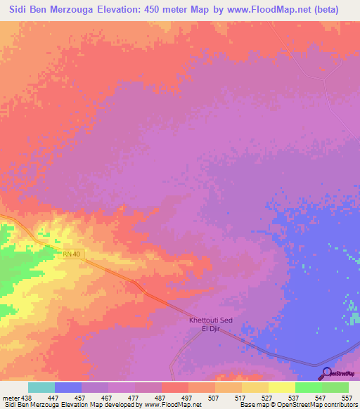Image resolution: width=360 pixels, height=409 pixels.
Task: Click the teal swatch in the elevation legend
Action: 41,387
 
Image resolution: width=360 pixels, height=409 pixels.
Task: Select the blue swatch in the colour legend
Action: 68,387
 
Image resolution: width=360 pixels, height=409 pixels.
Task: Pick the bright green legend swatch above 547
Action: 308,387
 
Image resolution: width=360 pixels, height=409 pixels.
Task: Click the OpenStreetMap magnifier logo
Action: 326,373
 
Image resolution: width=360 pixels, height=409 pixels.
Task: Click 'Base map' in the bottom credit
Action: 253,405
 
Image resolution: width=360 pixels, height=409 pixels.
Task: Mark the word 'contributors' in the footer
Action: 339,405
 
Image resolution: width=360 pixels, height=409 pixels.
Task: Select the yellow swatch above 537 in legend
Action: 281,387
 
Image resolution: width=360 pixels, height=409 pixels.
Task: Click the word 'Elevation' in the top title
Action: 125,10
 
